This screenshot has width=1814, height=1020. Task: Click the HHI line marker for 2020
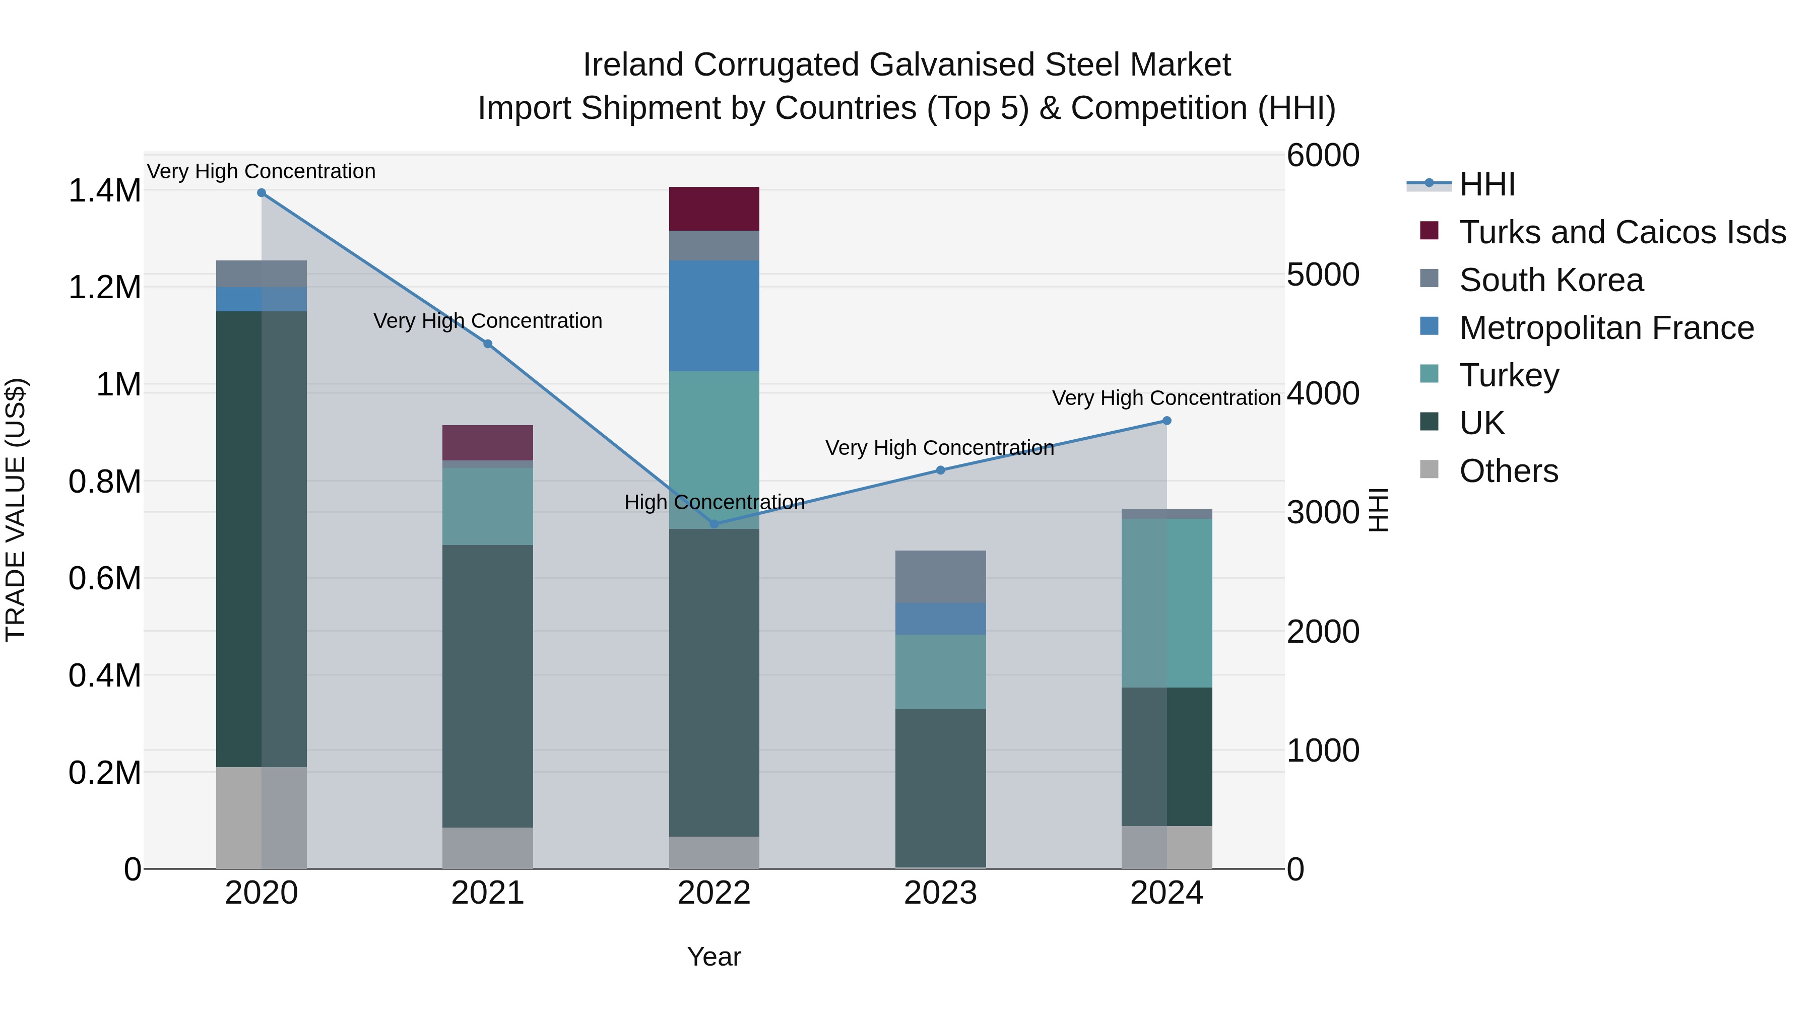[261, 193]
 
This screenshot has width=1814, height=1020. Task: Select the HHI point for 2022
[714, 524]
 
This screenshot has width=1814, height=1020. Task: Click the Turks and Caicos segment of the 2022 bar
[714, 209]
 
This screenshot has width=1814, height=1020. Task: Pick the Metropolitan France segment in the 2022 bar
[714, 316]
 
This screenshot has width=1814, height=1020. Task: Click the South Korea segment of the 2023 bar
[940, 577]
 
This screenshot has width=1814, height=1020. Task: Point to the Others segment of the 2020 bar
[261, 818]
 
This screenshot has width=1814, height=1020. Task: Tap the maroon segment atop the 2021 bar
[487, 443]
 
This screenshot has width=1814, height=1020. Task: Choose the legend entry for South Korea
[1551, 280]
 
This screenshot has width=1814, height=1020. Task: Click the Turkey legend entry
[1509, 376]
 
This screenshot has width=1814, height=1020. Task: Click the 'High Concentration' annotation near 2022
[714, 503]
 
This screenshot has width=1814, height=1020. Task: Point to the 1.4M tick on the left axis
[104, 191]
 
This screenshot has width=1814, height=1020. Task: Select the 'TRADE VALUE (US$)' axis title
[16, 510]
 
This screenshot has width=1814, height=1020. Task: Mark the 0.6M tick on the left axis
[104, 579]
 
